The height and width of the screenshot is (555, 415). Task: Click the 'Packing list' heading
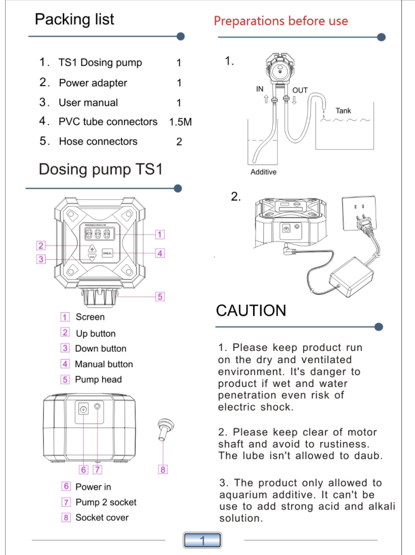pos(74,19)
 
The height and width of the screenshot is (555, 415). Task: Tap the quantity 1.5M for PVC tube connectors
pos(181,122)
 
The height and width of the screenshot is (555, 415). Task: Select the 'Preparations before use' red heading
pos(281,21)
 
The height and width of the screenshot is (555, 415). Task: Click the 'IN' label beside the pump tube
pos(260,89)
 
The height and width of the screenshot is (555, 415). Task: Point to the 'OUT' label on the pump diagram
pos(300,90)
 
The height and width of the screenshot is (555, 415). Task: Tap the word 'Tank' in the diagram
pos(343,111)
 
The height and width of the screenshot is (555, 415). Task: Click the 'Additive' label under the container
pos(264,172)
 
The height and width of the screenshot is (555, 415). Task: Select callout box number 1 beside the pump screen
pos(160,234)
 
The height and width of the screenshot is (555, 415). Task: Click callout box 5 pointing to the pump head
pos(160,297)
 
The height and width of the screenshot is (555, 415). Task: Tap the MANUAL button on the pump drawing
pos(108,253)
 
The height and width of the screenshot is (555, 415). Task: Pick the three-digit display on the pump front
pos(99,234)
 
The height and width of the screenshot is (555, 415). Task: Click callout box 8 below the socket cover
pos(163,470)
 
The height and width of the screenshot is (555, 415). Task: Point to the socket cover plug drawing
pos(165,429)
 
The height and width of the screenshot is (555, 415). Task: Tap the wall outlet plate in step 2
pos(359,213)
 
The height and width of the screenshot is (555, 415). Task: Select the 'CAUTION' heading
pos(251,310)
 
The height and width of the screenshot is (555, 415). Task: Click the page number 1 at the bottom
pos(202,540)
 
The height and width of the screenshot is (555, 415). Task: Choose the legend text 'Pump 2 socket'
pos(106,502)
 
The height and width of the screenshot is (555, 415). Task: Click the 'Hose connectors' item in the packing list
pos(98,142)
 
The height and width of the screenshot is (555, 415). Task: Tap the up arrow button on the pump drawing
pos(92,248)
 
